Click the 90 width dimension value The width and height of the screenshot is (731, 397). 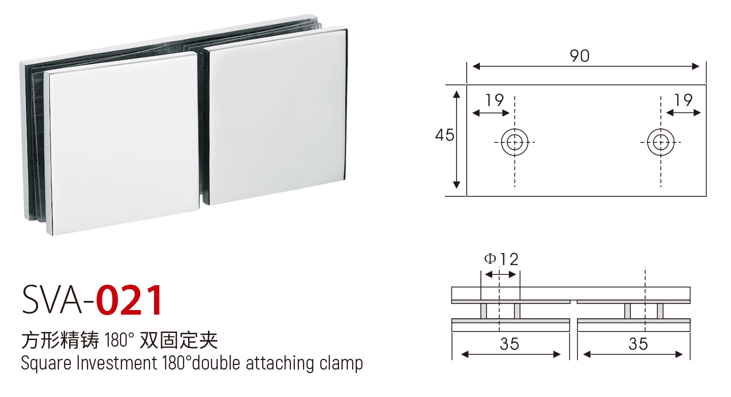tap(580, 56)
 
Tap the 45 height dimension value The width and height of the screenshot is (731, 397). tap(444, 135)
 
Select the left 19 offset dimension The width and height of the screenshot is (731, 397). tap(495, 100)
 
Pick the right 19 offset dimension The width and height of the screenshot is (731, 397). tap(683, 100)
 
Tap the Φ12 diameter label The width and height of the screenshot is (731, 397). tap(501, 260)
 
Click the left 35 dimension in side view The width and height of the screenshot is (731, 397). tap(509, 344)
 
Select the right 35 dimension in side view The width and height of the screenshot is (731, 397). tap(638, 344)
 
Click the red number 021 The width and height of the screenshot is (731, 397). tap(129, 300)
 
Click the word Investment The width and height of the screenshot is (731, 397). tap(116, 363)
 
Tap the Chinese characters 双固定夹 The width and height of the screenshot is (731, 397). tap(178, 340)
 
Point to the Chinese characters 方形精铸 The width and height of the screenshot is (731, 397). tap(60, 340)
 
